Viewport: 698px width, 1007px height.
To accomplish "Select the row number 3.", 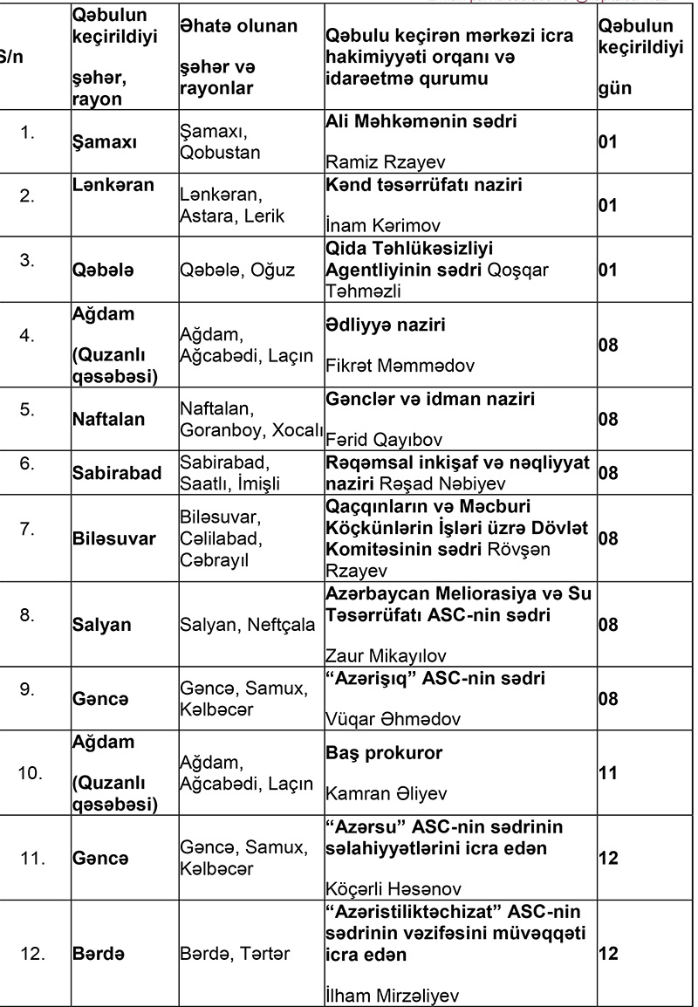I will click(28, 259).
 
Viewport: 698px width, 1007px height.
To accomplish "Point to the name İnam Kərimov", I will click(368, 227).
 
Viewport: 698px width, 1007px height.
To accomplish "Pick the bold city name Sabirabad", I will click(116, 473).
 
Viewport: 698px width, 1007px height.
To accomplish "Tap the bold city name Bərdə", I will click(98, 954).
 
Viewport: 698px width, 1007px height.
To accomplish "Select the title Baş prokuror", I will click(384, 751).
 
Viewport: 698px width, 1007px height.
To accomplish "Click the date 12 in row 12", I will click(609, 954).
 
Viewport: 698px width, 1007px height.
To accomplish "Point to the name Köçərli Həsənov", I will click(381, 891).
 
